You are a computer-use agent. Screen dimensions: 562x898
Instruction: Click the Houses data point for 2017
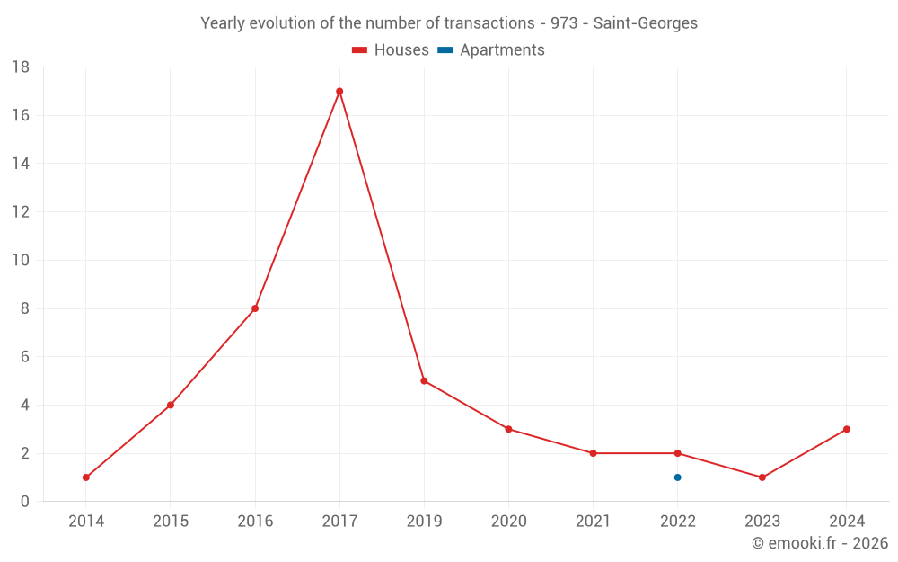(339, 91)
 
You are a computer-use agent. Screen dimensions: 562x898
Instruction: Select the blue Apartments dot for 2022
(677, 477)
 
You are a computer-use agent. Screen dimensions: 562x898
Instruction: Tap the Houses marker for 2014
(86, 477)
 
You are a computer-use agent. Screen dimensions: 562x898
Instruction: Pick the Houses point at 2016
(255, 308)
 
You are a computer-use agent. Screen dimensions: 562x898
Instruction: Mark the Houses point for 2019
(424, 380)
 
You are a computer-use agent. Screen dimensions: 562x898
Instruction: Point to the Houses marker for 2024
(846, 429)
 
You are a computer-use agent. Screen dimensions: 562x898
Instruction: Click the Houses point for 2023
(762, 477)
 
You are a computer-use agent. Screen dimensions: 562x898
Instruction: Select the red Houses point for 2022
(677, 453)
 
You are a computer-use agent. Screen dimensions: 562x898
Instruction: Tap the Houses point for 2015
(171, 405)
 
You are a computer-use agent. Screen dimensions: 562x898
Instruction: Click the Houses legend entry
(391, 50)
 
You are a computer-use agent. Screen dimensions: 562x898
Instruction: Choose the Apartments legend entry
(491, 50)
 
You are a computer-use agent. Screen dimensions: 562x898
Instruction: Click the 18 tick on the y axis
(21, 67)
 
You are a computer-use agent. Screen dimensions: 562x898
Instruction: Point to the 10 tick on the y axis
(21, 261)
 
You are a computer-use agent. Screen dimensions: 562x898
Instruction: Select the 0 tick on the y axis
(25, 502)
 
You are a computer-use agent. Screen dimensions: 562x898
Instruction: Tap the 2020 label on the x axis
(508, 522)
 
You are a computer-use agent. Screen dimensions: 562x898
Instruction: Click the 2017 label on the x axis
(339, 522)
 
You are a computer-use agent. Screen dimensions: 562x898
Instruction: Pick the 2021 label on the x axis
(593, 522)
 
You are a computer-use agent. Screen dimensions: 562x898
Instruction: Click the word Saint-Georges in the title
(645, 23)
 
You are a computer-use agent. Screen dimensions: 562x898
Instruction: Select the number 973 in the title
(564, 23)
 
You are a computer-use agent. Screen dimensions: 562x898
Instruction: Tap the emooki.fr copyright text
(820, 543)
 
